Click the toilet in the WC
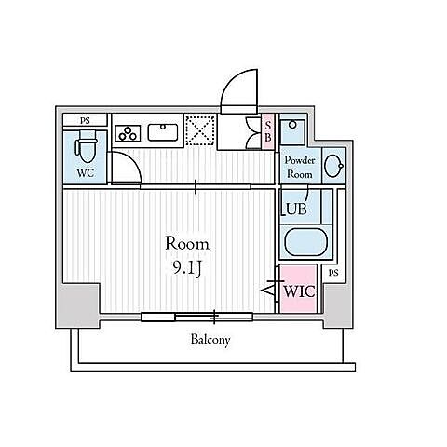click(x=86, y=146)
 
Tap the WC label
click(x=86, y=173)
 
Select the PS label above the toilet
click(x=85, y=120)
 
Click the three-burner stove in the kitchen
click(x=128, y=133)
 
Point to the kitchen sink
click(x=163, y=132)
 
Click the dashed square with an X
click(x=200, y=130)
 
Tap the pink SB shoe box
click(x=268, y=132)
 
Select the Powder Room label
click(x=300, y=167)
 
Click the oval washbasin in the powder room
click(x=333, y=165)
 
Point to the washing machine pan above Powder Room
click(x=292, y=132)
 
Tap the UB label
click(x=296, y=209)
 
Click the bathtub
click(x=306, y=242)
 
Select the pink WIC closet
click(x=298, y=289)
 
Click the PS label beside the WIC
click(x=333, y=273)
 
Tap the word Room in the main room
click(x=187, y=244)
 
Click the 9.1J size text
click(x=187, y=267)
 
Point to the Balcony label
click(x=210, y=340)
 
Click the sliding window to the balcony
click(x=196, y=317)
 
